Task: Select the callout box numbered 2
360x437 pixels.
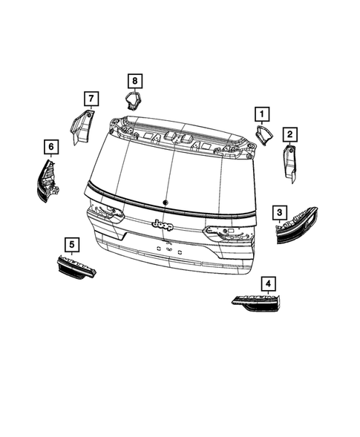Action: pyautogui.click(x=290, y=134)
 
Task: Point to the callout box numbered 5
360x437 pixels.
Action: pyautogui.click(x=71, y=243)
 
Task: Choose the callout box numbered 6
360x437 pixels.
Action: pyautogui.click(x=50, y=147)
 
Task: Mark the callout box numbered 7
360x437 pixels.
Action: pyautogui.click(x=90, y=99)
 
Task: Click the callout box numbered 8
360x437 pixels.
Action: pyautogui.click(x=134, y=79)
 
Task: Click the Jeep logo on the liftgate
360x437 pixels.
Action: pyautogui.click(x=162, y=224)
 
